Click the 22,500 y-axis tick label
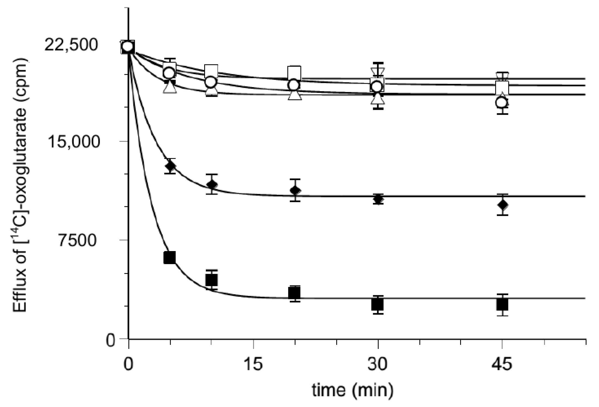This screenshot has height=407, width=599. [x=71, y=45]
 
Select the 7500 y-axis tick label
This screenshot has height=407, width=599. [x=77, y=240]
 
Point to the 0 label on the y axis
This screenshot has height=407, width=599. [x=110, y=340]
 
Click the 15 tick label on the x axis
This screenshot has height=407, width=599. [x=253, y=364]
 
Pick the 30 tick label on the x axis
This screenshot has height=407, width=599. [x=377, y=364]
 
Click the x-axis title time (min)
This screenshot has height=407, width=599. [x=353, y=390]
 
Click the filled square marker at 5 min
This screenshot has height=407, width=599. [x=170, y=258]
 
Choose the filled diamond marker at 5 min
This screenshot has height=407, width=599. [x=170, y=166]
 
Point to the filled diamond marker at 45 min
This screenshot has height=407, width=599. [x=502, y=204]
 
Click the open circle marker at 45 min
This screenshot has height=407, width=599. [x=502, y=103]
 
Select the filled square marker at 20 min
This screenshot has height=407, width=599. [x=294, y=293]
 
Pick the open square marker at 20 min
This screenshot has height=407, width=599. [x=294, y=73]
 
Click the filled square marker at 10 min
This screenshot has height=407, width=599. [x=212, y=280]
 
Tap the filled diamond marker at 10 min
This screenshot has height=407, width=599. [x=212, y=185]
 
